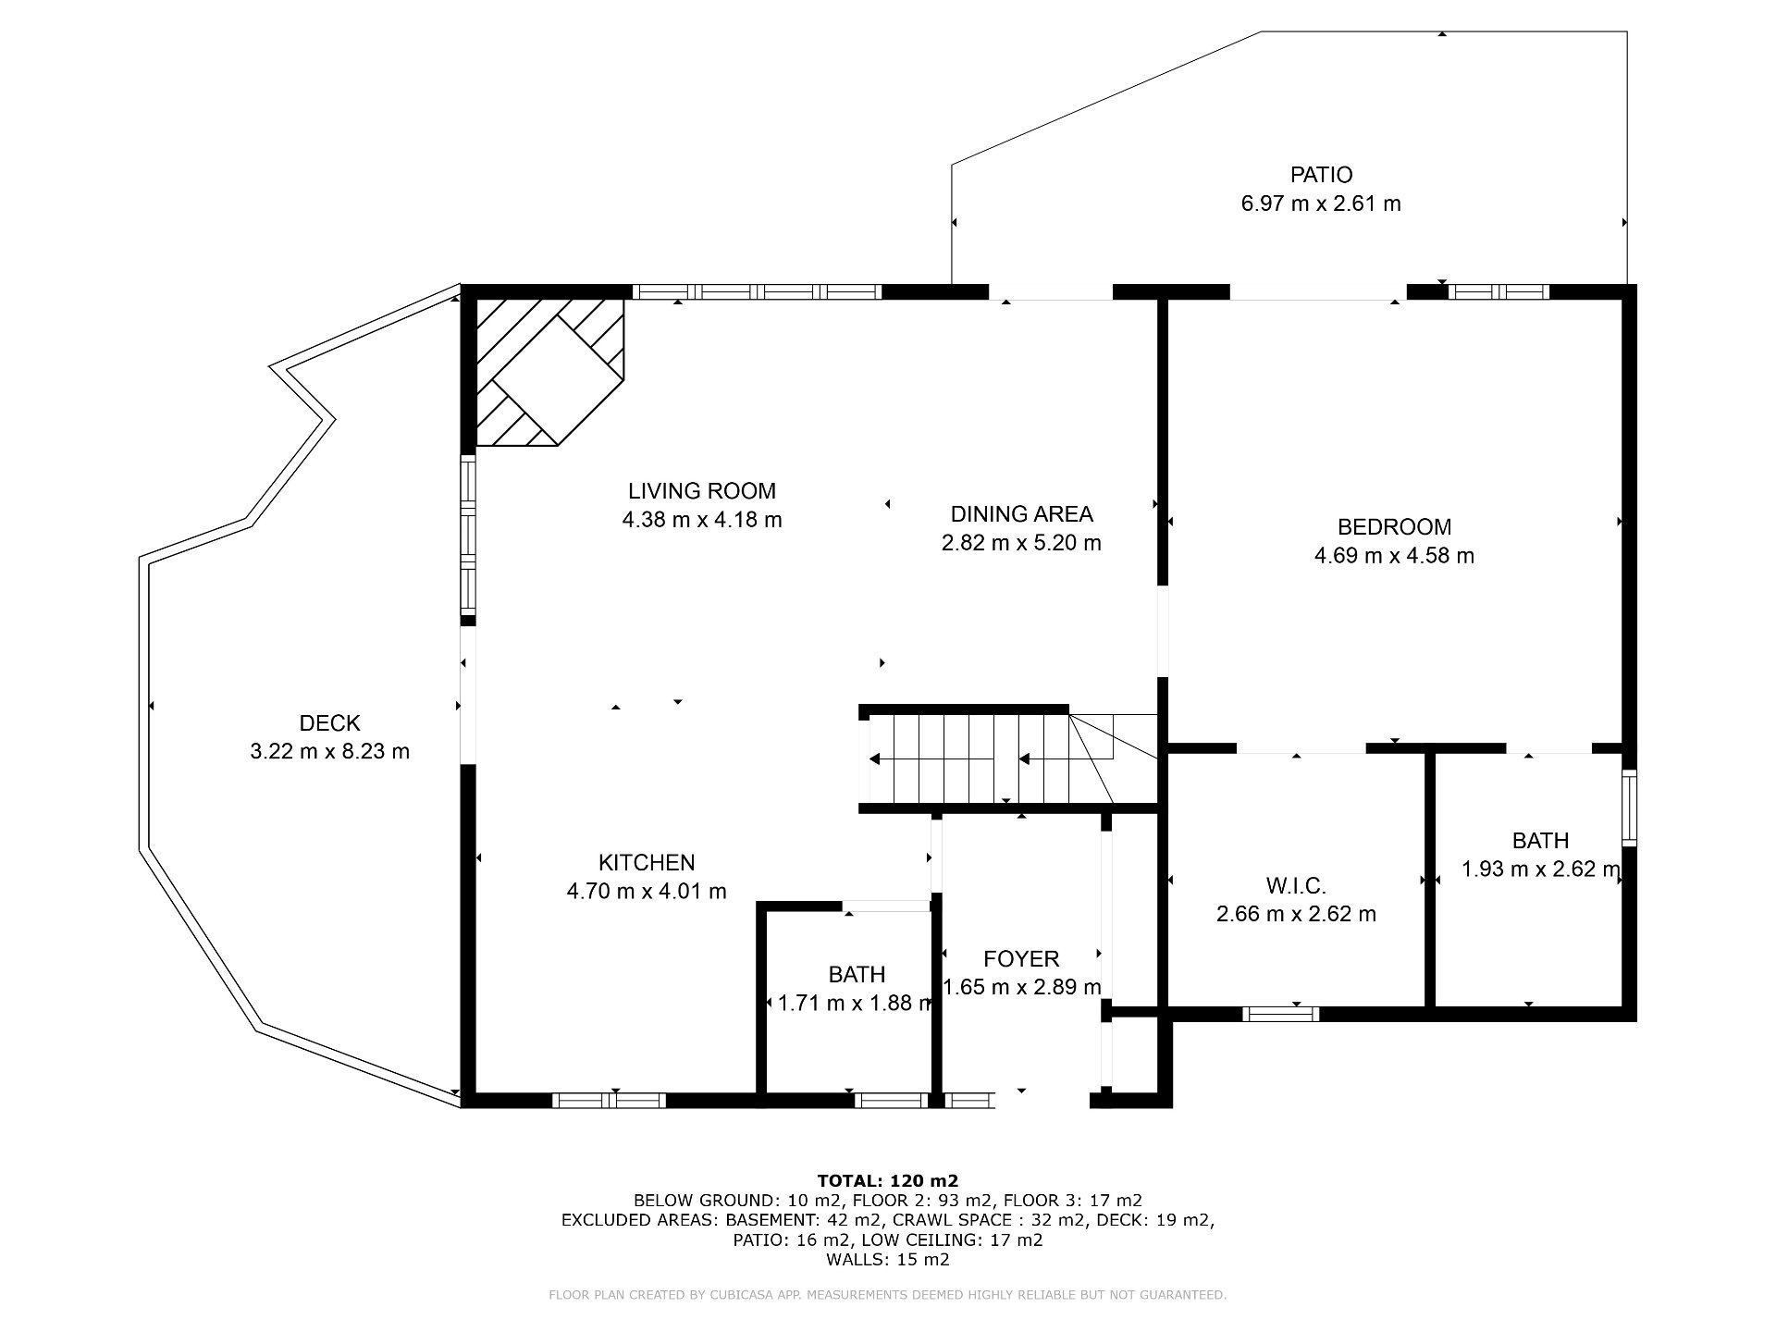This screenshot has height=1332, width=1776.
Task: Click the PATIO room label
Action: (x=1321, y=175)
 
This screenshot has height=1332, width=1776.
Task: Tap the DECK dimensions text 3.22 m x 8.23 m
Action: (x=329, y=752)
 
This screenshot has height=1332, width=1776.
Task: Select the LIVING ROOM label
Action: (x=702, y=491)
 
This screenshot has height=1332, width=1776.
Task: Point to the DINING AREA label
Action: (x=1021, y=514)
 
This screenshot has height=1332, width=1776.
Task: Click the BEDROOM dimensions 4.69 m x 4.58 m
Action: (x=1394, y=556)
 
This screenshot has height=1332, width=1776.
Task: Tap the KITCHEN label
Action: (x=647, y=863)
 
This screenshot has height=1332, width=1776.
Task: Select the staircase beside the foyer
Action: (x=990, y=758)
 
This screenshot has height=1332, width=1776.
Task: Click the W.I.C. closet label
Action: (x=1296, y=886)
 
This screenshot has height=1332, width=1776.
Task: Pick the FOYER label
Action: (x=1021, y=959)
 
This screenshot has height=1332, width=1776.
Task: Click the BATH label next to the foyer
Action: (x=857, y=975)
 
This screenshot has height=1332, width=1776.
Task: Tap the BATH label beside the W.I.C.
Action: (x=1540, y=841)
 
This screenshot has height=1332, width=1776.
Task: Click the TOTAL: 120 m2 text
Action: (x=888, y=1180)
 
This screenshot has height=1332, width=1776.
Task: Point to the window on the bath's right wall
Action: (x=1629, y=808)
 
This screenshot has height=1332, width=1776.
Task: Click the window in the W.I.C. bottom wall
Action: (x=1281, y=1015)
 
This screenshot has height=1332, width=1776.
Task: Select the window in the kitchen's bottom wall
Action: (x=609, y=1101)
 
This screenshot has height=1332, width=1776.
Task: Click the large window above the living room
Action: (x=758, y=292)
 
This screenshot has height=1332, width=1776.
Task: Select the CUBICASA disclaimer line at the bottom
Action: (x=888, y=1295)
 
